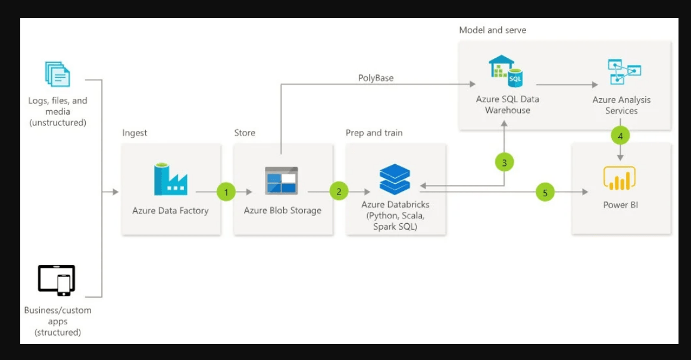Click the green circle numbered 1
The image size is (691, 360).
click(226, 192)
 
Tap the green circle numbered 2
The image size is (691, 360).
click(339, 192)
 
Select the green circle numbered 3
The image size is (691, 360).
click(504, 162)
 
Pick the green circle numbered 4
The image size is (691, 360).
click(620, 136)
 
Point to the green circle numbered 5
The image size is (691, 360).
click(545, 192)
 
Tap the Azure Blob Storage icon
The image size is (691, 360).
click(282, 180)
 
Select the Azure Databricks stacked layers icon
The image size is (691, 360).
click(395, 179)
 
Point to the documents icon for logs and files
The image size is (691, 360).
click(58, 74)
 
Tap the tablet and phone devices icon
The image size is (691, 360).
click(57, 280)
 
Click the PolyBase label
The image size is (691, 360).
click(376, 78)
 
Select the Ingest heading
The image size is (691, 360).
click(135, 133)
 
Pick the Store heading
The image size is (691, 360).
click(245, 133)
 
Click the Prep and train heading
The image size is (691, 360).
click(374, 133)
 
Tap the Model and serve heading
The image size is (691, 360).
click(492, 30)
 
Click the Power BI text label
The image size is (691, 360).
click(621, 205)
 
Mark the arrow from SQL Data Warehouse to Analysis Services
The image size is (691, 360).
click(565, 84)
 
